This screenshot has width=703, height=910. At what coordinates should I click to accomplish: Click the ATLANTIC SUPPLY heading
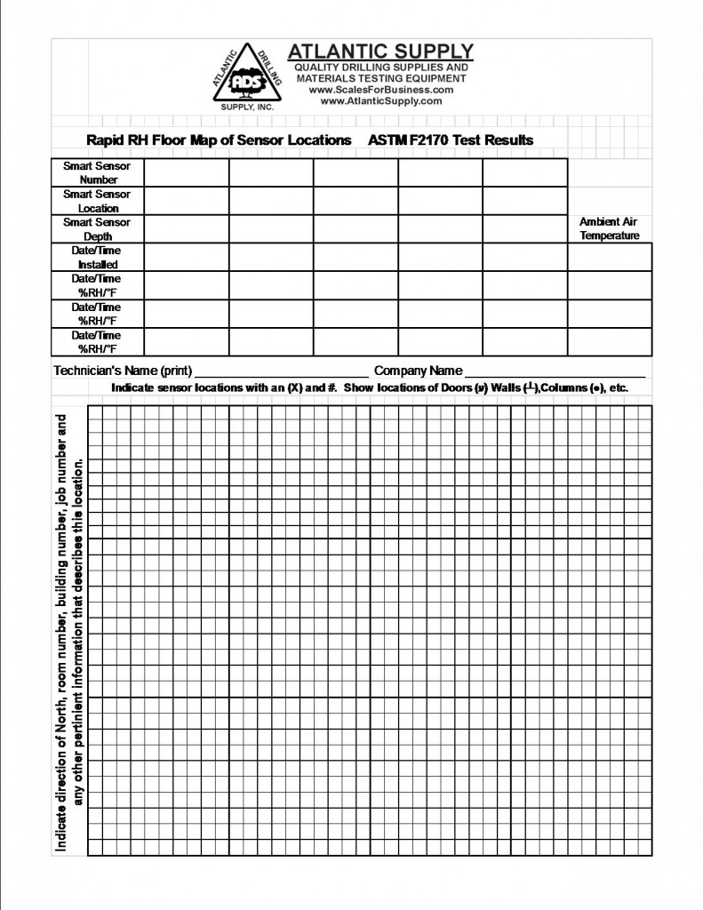380,52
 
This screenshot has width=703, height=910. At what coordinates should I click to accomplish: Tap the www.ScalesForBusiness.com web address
380,90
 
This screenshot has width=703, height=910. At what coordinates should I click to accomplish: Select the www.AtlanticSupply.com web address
380,101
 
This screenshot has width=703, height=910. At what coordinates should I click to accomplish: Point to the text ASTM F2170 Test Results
451,140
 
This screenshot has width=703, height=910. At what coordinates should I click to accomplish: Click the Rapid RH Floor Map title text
219,140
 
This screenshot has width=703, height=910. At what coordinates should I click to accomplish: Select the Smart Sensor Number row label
97,172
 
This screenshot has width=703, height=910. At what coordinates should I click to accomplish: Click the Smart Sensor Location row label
97,201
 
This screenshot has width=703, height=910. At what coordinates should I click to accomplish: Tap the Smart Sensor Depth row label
97,229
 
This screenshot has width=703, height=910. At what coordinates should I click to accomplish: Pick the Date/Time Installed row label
97,258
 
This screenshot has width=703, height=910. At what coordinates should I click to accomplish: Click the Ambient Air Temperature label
609,228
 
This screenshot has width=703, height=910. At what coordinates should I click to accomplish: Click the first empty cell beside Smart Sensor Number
186,172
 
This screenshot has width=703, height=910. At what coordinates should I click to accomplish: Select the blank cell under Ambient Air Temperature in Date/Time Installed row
609,258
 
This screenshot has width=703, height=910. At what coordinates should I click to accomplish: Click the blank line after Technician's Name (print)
281,371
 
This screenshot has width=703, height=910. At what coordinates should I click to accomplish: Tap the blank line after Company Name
555,371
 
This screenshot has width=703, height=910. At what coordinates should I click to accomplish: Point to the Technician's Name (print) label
123,371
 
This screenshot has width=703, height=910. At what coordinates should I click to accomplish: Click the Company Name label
418,371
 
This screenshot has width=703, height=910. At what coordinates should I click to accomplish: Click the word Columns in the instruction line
562,388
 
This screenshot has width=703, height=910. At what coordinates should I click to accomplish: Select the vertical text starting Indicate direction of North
62,633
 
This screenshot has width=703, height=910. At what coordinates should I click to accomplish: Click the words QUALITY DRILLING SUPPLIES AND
380,68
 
